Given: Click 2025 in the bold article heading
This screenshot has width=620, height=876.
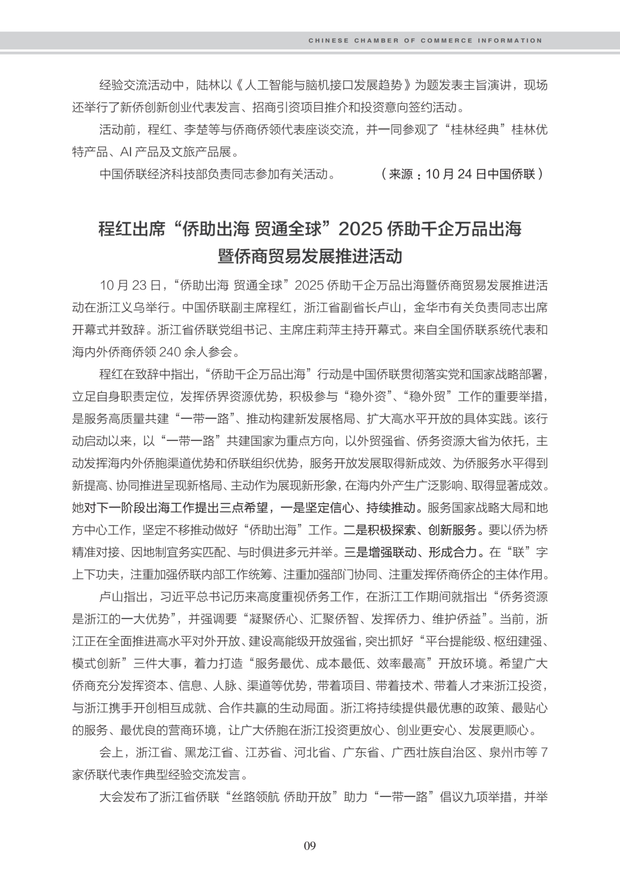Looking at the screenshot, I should pos(361,229).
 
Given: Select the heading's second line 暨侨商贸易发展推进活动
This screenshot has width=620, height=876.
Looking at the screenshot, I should pos(310,256).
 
